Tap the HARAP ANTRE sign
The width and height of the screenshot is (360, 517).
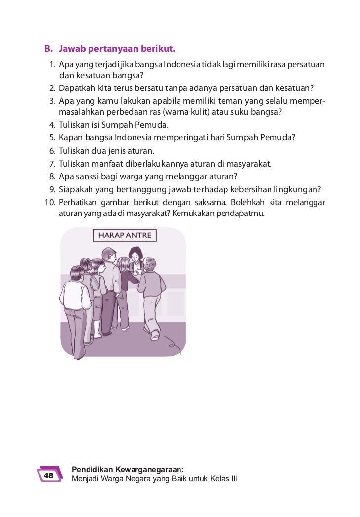pyautogui.click(x=125, y=235)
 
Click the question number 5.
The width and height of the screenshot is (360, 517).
pyautogui.click(x=51, y=137)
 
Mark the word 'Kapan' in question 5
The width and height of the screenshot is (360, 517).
pyautogui.click(x=70, y=137)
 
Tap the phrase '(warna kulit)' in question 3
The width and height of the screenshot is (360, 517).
pyautogui.click(x=187, y=111)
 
